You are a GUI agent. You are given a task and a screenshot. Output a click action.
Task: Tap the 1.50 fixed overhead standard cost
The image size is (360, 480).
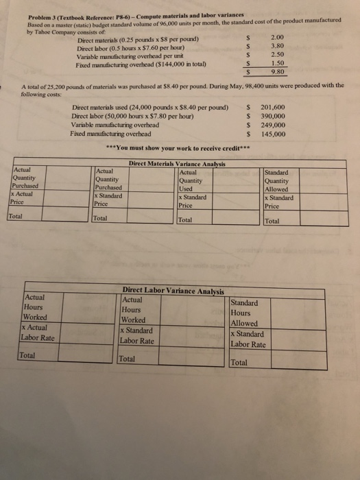278,61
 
